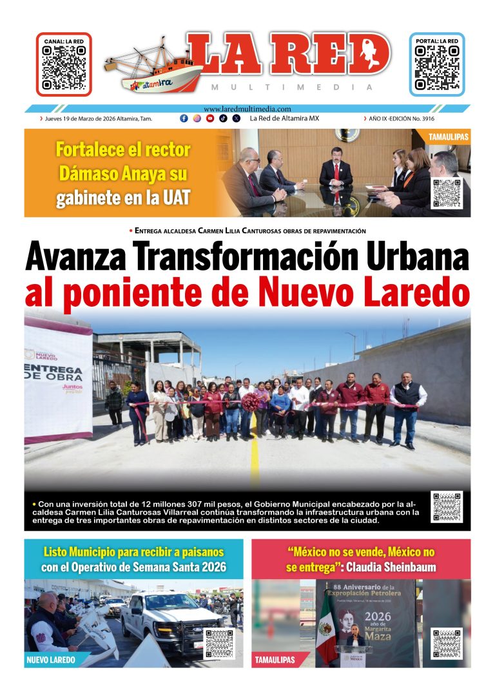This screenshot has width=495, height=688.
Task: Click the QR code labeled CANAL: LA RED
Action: click(x=63, y=68)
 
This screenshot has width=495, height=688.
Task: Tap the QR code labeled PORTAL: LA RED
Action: click(x=437, y=68)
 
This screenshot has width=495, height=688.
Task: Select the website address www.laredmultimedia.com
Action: click(x=247, y=110)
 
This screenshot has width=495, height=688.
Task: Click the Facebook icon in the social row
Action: click(x=184, y=119)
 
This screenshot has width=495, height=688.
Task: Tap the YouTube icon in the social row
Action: click(x=210, y=119)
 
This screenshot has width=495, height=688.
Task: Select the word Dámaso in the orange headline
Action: click(x=82, y=173)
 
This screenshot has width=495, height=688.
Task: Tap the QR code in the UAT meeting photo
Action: click(x=446, y=193)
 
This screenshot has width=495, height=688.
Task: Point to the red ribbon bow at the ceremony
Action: click(x=250, y=403)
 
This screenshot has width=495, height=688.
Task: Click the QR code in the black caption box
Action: click(x=447, y=507)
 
